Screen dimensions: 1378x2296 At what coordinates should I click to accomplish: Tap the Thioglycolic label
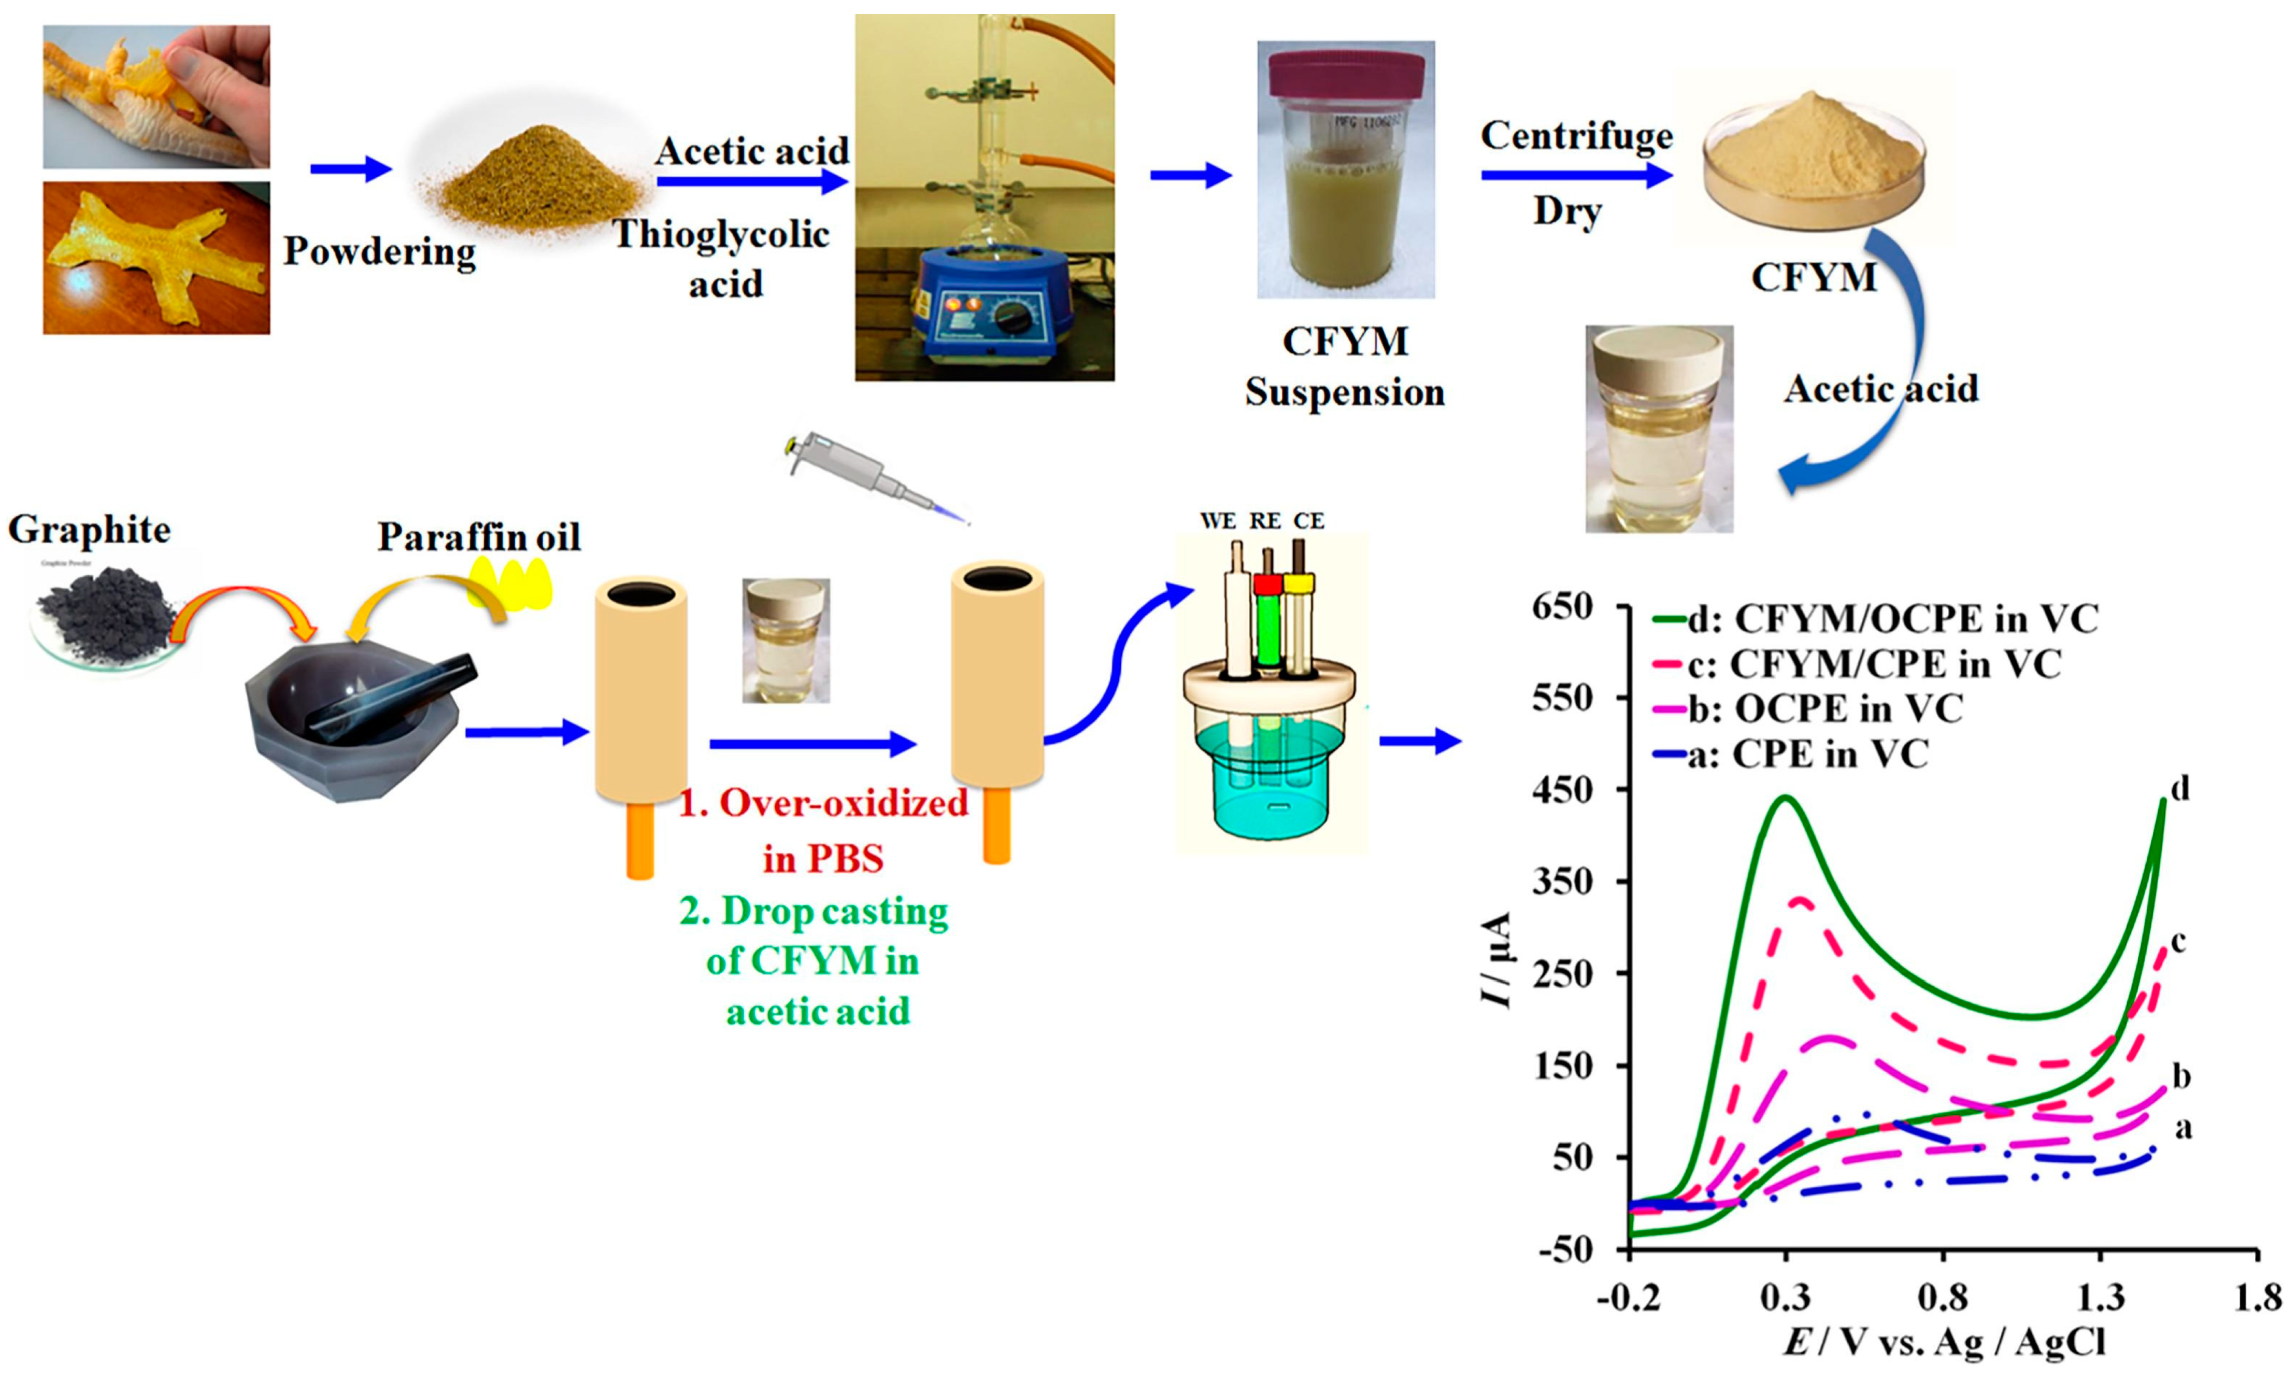(x=721, y=234)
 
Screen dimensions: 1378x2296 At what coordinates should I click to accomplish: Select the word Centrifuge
(x=1576, y=136)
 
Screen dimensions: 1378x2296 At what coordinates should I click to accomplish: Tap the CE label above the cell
(x=1308, y=521)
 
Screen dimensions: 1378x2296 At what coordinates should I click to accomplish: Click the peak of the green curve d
(x=1785, y=798)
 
